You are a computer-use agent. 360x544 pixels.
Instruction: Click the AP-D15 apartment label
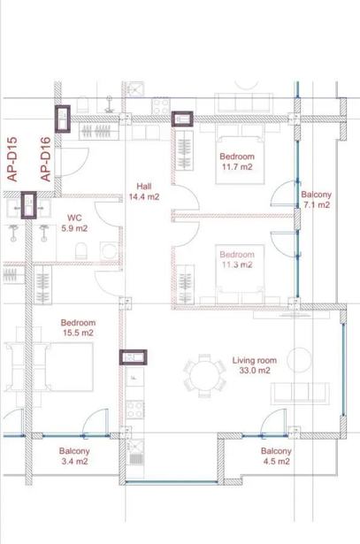click(x=11, y=159)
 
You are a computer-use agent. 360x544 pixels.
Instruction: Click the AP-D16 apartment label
click(x=45, y=159)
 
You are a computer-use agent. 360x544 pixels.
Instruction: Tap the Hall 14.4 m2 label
click(x=144, y=192)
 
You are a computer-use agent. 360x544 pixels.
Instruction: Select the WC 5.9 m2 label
click(x=74, y=223)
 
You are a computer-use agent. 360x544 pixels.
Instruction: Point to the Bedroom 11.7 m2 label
click(x=237, y=161)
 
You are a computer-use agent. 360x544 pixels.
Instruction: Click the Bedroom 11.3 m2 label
click(x=237, y=259)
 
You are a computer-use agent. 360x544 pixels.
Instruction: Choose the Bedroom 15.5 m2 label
click(x=78, y=327)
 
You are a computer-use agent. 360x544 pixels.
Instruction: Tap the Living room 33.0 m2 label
click(x=255, y=365)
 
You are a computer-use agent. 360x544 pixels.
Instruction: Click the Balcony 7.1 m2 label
click(x=317, y=200)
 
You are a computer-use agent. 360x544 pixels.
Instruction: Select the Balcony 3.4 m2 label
click(x=74, y=456)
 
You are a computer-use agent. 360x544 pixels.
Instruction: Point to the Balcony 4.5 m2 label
click(x=277, y=456)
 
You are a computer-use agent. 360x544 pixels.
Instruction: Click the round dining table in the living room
click(x=204, y=376)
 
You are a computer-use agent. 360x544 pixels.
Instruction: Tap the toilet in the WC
click(x=81, y=251)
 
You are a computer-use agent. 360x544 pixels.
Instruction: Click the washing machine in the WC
click(x=110, y=251)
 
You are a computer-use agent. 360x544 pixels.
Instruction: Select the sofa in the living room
click(x=301, y=393)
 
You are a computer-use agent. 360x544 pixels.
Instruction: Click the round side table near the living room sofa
click(x=299, y=360)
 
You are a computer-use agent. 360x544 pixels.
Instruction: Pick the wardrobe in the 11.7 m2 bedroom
click(x=184, y=150)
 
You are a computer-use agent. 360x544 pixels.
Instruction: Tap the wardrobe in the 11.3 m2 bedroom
click(x=185, y=285)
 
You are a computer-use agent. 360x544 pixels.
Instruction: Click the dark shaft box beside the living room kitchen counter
click(x=134, y=357)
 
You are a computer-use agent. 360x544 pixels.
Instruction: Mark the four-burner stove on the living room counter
click(x=135, y=410)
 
